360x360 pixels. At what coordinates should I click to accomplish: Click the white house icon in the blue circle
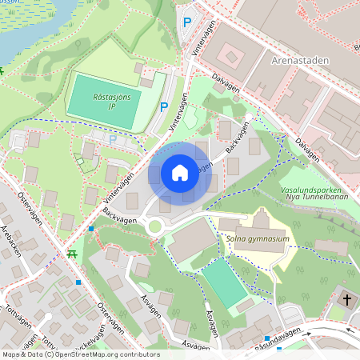click(x=180, y=173)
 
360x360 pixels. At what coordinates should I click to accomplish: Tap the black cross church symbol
click(x=346, y=300)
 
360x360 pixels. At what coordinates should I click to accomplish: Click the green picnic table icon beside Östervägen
click(x=73, y=254)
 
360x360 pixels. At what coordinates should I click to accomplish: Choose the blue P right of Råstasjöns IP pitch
click(x=165, y=106)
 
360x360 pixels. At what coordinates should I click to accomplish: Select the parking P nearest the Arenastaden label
click(x=187, y=23)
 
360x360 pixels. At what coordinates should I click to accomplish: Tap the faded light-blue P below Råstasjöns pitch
click(x=112, y=139)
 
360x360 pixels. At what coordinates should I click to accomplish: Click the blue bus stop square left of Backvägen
click(x=91, y=229)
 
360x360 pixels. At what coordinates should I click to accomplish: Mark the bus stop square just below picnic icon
click(x=78, y=282)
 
